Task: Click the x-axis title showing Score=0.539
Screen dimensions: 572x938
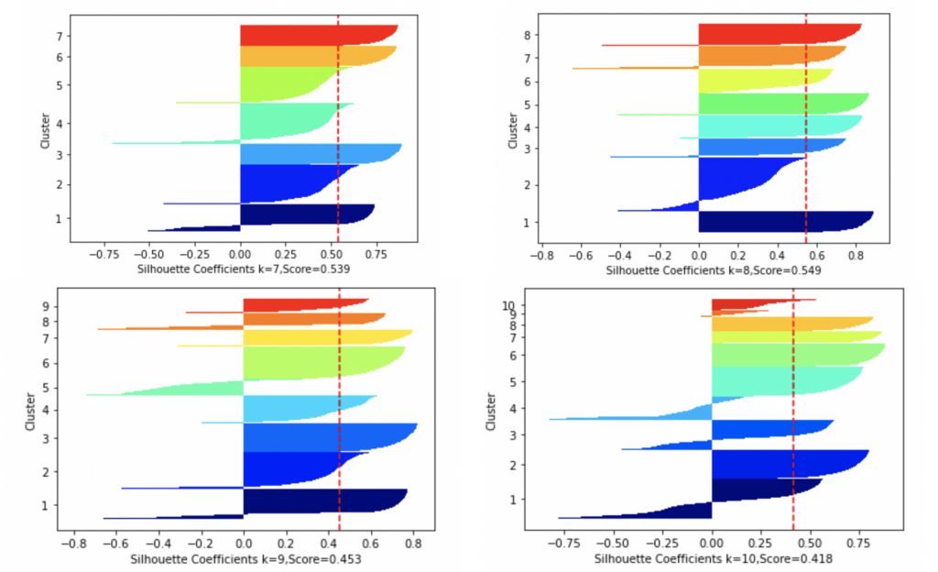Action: point(244,270)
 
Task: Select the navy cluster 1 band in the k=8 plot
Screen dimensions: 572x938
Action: point(779,222)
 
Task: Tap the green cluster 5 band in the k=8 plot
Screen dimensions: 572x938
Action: point(779,104)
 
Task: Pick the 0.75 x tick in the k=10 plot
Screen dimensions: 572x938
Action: point(856,543)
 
